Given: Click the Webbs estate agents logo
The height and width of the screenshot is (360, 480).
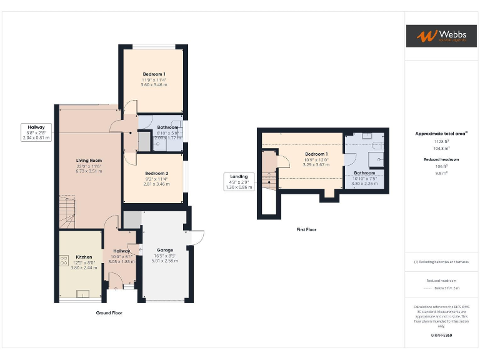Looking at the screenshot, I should [441, 36].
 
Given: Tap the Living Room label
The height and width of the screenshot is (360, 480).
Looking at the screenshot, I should [89, 161].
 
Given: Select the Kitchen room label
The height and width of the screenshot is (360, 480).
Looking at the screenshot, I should [84, 257].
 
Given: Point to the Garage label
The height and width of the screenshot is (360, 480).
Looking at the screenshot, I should [165, 250].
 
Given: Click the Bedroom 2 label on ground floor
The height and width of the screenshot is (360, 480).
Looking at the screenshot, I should [156, 173].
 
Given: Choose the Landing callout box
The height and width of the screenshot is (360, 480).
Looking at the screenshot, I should [238, 181].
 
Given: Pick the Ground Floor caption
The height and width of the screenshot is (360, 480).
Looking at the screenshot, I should [109, 312].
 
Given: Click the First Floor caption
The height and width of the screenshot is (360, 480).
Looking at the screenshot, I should [306, 229].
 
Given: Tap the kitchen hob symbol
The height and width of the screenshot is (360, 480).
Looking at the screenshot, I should [64, 261].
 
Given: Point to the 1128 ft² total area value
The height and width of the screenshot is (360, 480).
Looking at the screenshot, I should [441, 141].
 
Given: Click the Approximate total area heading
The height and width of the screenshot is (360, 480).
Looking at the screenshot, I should [441, 134].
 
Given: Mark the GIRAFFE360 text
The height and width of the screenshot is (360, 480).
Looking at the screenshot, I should [441, 336].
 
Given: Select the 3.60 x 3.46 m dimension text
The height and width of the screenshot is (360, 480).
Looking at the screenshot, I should [154, 84].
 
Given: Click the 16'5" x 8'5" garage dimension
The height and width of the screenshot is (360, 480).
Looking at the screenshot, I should [165, 256].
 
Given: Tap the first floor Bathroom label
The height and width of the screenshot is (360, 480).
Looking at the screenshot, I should [364, 172].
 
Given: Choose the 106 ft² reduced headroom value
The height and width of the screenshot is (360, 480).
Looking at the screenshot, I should [441, 166].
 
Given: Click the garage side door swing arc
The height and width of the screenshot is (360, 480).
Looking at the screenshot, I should [197, 237].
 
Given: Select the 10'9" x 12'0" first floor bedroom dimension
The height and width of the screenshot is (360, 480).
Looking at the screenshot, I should [316, 159].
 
